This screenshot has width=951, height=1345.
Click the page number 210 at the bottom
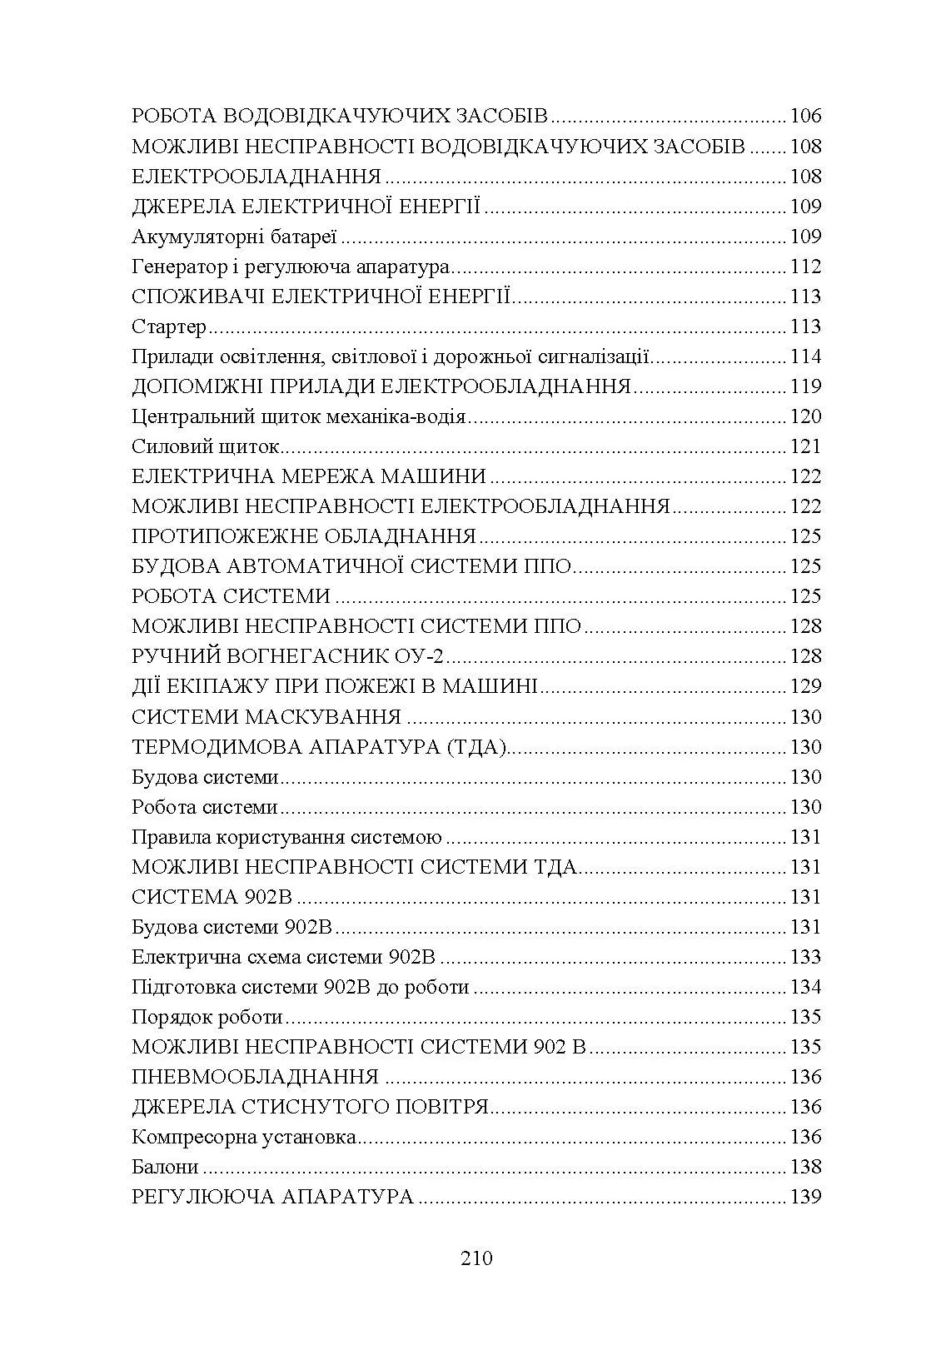[475, 1258]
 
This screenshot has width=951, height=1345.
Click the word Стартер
[169, 326]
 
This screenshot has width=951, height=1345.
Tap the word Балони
[165, 1167]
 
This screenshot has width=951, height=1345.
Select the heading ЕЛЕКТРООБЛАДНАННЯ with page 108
[256, 177]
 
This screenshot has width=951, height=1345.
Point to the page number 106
[805, 117]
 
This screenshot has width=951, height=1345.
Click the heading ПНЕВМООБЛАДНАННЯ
[256, 1077]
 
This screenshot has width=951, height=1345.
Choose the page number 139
[805, 1197]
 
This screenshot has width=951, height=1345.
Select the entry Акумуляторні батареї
[234, 237]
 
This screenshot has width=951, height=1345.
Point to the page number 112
[805, 267]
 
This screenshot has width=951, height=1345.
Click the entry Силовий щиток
[205, 446]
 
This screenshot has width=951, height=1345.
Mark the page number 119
[805, 386]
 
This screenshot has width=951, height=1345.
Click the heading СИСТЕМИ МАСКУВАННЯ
[266, 717]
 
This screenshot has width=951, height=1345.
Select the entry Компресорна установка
[244, 1137]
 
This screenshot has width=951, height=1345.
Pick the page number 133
[805, 957]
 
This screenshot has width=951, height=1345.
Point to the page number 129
[805, 686]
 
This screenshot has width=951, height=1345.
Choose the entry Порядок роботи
[207, 1017]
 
